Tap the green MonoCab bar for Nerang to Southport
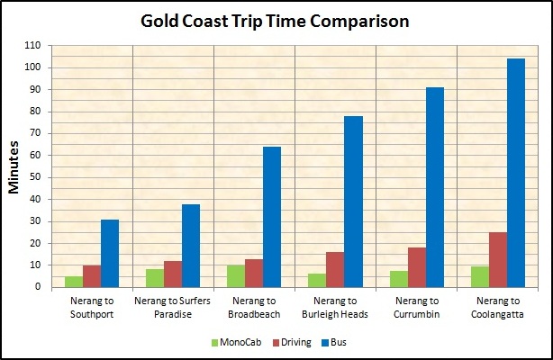point(74,282)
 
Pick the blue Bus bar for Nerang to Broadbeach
point(272,217)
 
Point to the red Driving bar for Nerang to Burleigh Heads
point(335,269)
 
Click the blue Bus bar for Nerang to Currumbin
point(434,187)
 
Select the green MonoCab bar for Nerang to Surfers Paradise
point(155,278)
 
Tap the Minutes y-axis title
point(15,166)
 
